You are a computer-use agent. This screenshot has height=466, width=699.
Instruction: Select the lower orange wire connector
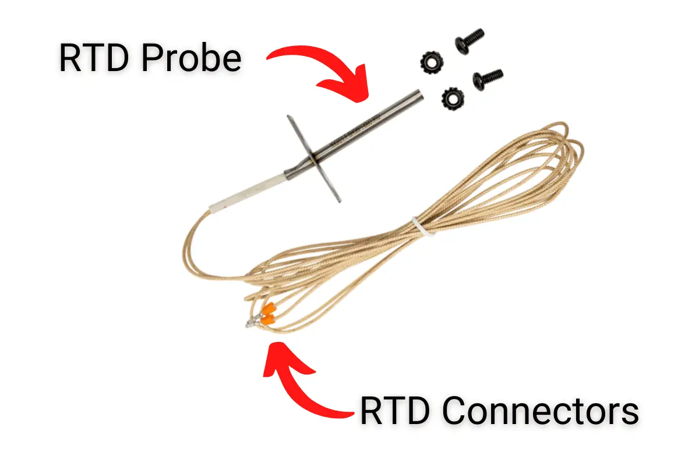coord(266,320)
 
